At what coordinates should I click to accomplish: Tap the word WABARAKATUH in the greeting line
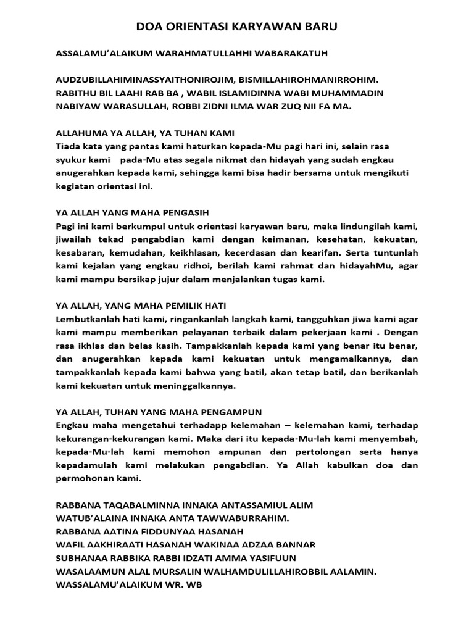pos(290,54)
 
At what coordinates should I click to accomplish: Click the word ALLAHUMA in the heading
pos(78,133)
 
